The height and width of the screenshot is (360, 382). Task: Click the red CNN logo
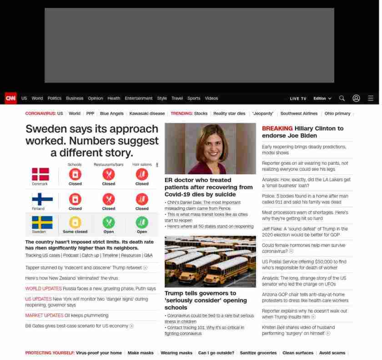pyautogui.click(x=10, y=98)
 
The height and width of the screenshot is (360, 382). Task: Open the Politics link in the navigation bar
pyautogui.click(x=55, y=98)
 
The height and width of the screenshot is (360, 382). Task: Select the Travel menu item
pyautogui.click(x=177, y=98)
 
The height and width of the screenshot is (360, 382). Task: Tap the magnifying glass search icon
pyautogui.click(x=342, y=98)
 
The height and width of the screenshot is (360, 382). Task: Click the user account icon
pyautogui.click(x=356, y=98)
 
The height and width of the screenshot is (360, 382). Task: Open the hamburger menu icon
pyautogui.click(x=371, y=98)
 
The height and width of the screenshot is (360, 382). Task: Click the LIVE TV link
pyautogui.click(x=298, y=99)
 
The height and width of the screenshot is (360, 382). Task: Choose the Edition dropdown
pyautogui.click(x=322, y=99)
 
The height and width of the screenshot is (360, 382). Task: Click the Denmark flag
pyautogui.click(x=40, y=174)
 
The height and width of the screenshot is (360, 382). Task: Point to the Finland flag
pyautogui.click(x=42, y=199)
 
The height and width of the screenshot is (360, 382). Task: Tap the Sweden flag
pyautogui.click(x=42, y=223)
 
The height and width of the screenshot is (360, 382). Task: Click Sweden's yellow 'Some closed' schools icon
pyautogui.click(x=75, y=222)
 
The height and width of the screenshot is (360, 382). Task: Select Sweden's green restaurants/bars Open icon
pyautogui.click(x=109, y=222)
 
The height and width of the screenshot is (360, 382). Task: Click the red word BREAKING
pyautogui.click(x=277, y=129)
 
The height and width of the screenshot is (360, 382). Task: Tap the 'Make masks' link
pyautogui.click(x=141, y=353)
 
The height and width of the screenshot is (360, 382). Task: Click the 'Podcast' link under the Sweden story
pyautogui.click(x=71, y=256)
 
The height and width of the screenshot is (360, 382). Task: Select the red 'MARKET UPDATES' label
pyautogui.click(x=44, y=315)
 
